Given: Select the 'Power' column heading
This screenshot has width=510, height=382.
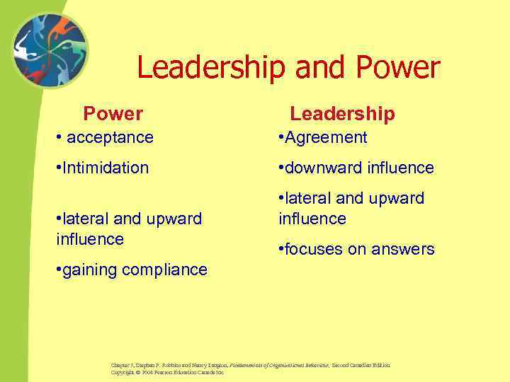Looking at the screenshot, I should pos(113,113).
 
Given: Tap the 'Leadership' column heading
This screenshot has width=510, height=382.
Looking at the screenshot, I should pos(342,113).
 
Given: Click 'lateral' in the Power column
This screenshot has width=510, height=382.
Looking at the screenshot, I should pos(84,219).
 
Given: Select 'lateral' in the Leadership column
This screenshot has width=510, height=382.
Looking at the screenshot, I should pos(307,199).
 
